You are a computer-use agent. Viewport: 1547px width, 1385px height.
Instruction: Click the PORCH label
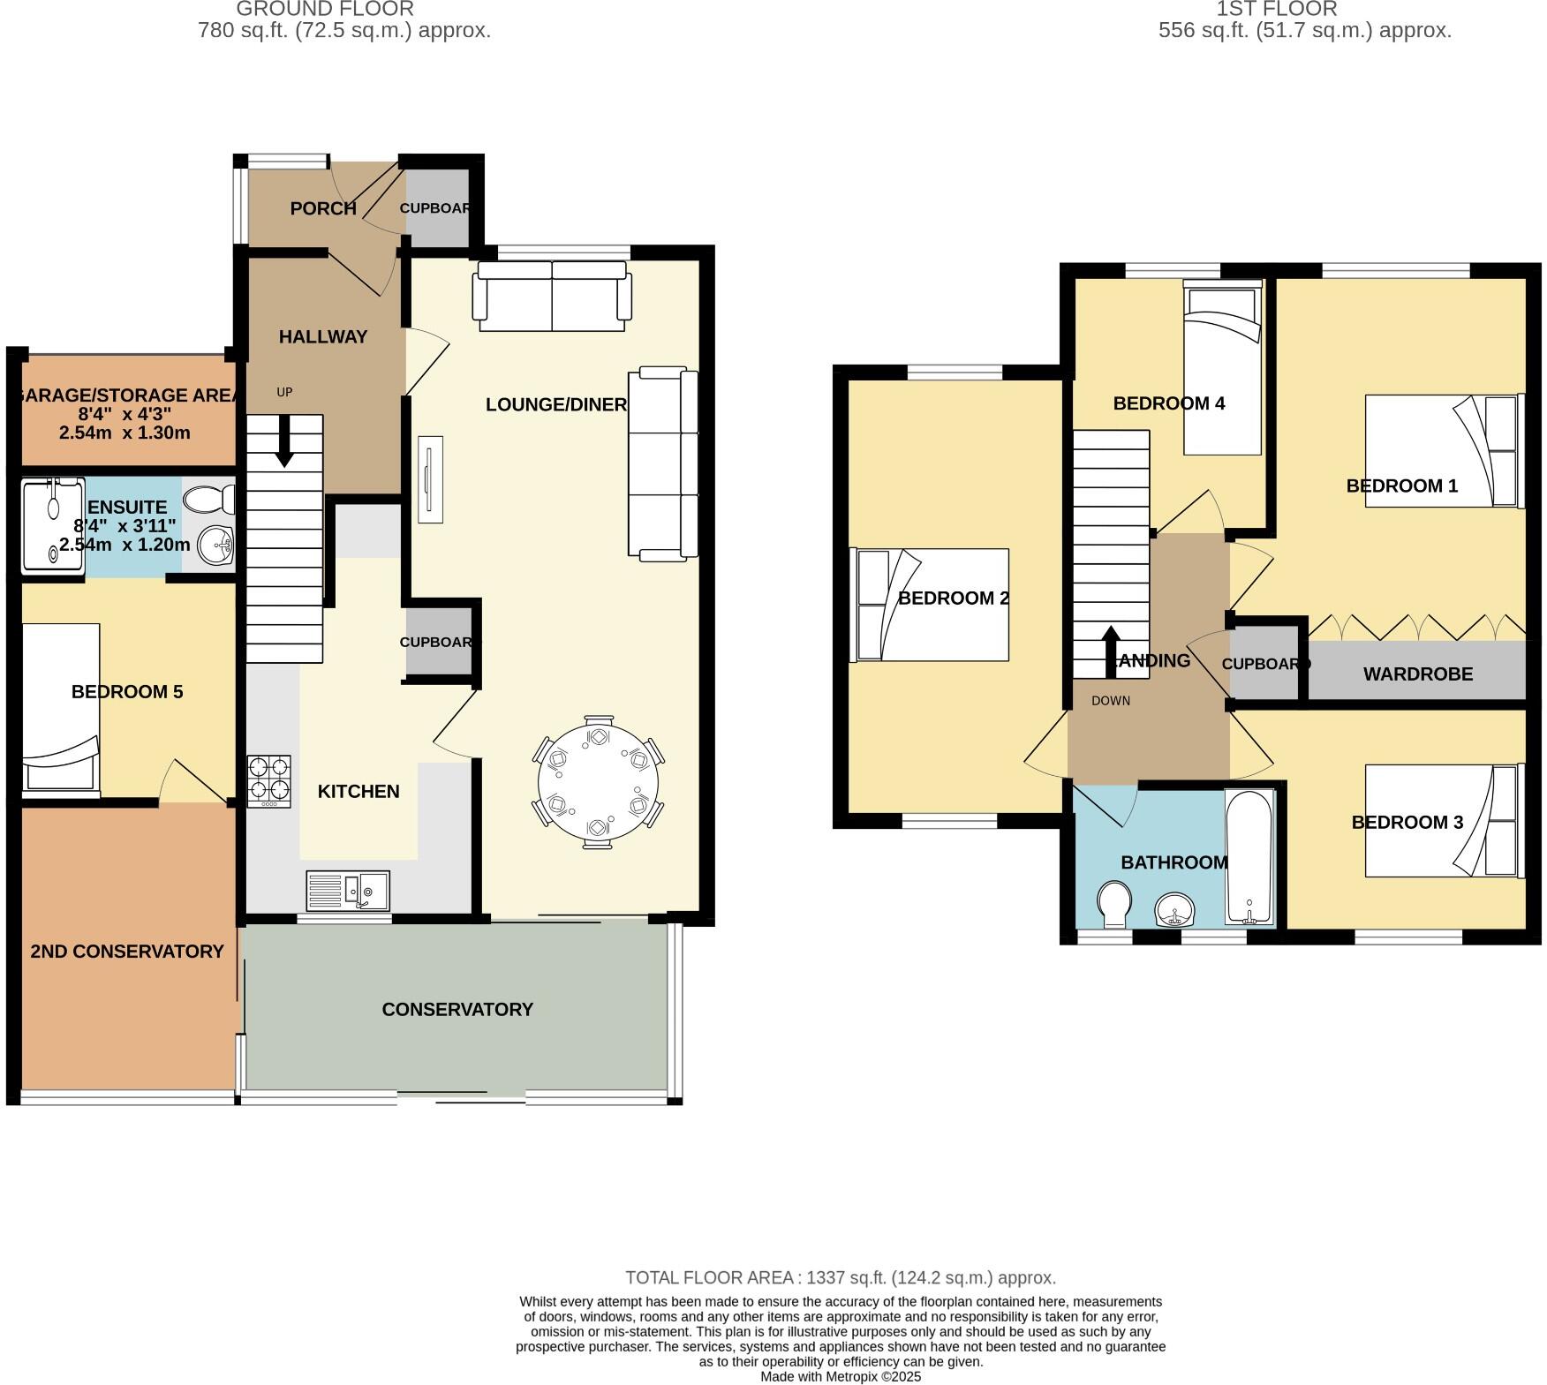click(x=323, y=208)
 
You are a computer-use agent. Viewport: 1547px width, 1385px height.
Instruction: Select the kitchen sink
click(x=348, y=890)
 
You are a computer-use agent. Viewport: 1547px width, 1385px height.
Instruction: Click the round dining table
click(x=598, y=782)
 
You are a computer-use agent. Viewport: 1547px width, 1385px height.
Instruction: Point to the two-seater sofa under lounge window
click(x=552, y=296)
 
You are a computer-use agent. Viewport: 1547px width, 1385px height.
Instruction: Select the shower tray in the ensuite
click(x=52, y=523)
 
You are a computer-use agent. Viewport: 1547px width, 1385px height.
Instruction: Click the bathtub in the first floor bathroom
click(x=1249, y=856)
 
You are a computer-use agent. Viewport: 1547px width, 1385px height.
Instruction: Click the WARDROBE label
click(x=1417, y=674)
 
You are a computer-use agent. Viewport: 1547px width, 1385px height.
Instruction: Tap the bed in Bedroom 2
click(x=930, y=605)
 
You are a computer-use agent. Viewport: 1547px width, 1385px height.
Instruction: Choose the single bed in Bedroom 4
click(x=1222, y=367)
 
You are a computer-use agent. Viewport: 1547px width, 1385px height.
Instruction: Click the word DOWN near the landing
click(x=1110, y=701)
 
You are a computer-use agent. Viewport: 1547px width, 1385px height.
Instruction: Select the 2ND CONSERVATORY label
click(x=126, y=951)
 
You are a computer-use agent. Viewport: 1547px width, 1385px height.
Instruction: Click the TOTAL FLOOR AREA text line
click(x=840, y=1277)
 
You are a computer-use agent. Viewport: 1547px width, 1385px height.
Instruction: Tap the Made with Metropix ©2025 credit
click(x=840, y=1376)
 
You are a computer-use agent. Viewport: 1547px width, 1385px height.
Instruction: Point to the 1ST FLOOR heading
click(x=1276, y=10)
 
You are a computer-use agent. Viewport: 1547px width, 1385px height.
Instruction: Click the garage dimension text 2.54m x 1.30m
click(x=125, y=433)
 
